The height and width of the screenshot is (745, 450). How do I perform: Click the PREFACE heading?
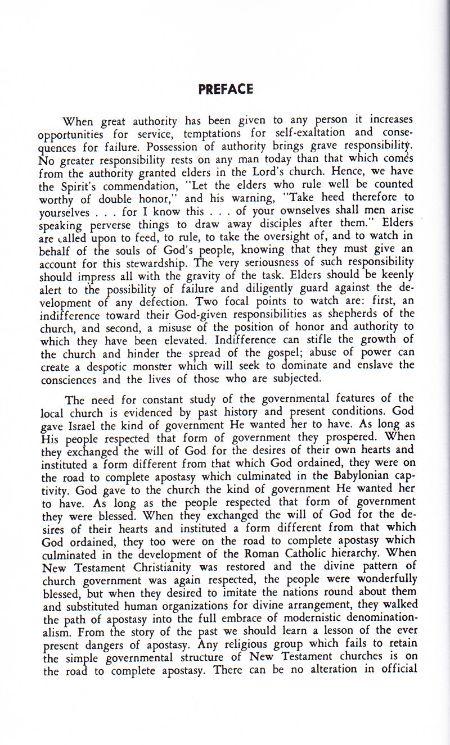click(x=226, y=89)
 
